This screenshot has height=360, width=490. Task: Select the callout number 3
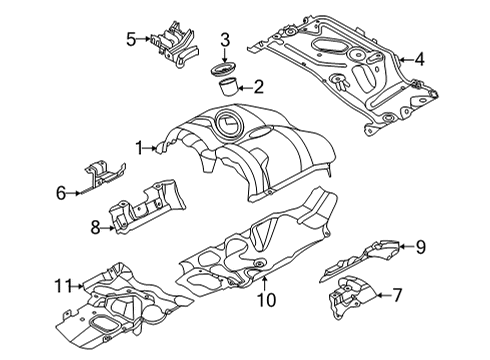226,40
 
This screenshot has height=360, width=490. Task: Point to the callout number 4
419,59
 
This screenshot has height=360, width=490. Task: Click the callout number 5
131,39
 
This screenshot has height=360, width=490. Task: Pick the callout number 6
61,191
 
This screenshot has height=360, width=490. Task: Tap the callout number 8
96,228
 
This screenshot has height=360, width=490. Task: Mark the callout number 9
421,244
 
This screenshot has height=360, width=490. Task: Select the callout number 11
63,285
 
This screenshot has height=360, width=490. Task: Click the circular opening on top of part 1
225,125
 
